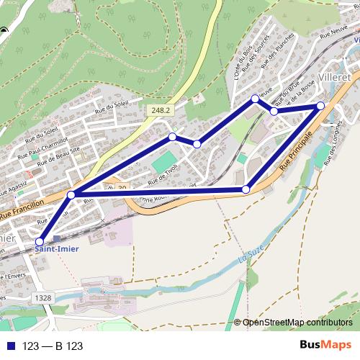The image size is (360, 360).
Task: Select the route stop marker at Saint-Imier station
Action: [40, 242]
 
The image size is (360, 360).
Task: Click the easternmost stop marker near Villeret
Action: [320, 106]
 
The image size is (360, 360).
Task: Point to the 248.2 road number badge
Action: [161, 110]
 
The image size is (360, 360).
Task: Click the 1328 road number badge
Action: [42, 297]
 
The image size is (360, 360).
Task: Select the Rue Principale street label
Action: [297, 150]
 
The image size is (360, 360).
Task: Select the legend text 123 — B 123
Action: [53, 346]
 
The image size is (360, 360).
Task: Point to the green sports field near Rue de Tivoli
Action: [164, 161]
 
